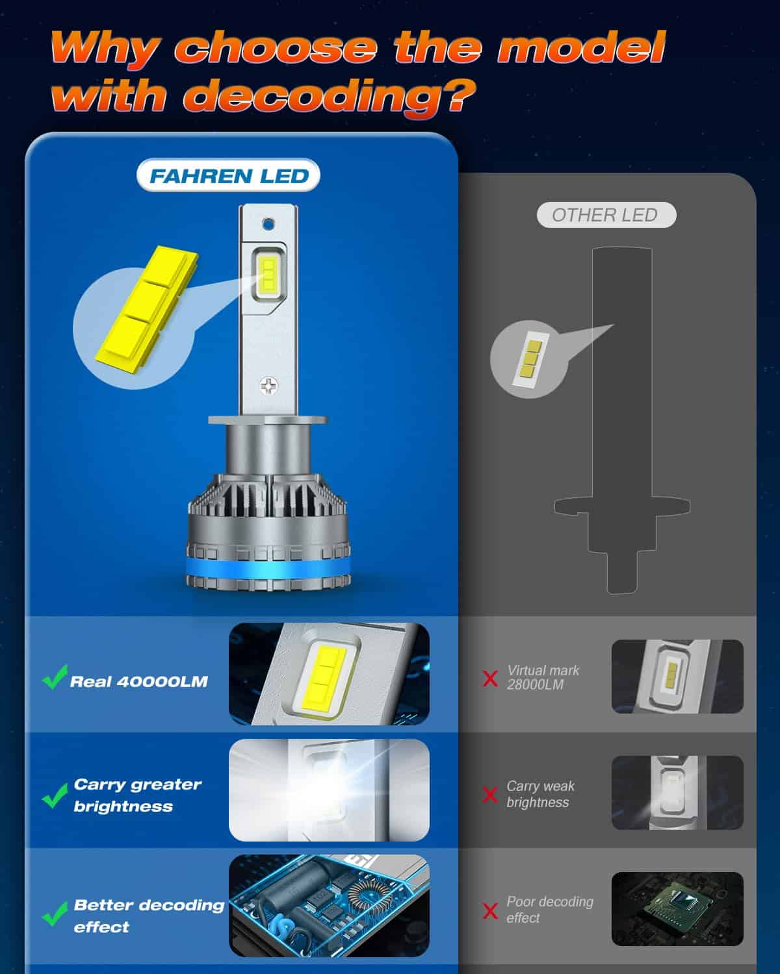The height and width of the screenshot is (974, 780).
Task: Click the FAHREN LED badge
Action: pos(228,175)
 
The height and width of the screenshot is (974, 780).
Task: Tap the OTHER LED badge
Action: pos(606,214)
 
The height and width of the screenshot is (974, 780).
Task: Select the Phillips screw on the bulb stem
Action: pos(268,386)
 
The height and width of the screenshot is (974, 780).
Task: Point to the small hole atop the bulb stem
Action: pos(268,223)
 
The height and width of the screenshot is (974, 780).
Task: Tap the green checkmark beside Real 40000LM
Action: pos(55,677)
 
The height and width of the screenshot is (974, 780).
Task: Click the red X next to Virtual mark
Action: pos(490,679)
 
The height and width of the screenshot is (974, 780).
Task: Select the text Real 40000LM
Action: pos(138,681)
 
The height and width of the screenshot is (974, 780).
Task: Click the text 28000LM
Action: pos(535,685)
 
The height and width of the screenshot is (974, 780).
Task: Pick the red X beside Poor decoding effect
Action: pos(490,910)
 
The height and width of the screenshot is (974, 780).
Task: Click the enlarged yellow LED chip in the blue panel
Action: pos(147,309)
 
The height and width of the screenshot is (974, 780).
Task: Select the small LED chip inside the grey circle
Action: pos(531,359)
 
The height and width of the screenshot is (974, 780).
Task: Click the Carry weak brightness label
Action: pos(540,794)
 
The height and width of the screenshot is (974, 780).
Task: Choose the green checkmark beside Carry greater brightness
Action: pos(55,795)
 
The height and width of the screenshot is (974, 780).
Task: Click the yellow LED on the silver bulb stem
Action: pos(268,274)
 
